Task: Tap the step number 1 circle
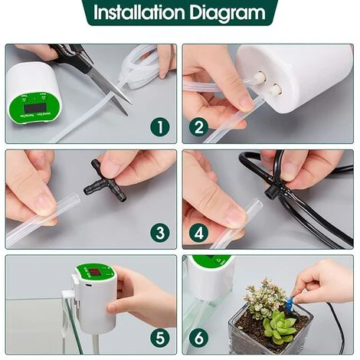pyautogui.click(x=158, y=127)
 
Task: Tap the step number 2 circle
pyautogui.click(x=200, y=127)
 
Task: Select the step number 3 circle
pyautogui.click(x=158, y=233)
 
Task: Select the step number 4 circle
pyautogui.click(x=200, y=233)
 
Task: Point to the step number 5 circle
pyautogui.click(x=158, y=338)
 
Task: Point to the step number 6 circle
pyautogui.click(x=200, y=338)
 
